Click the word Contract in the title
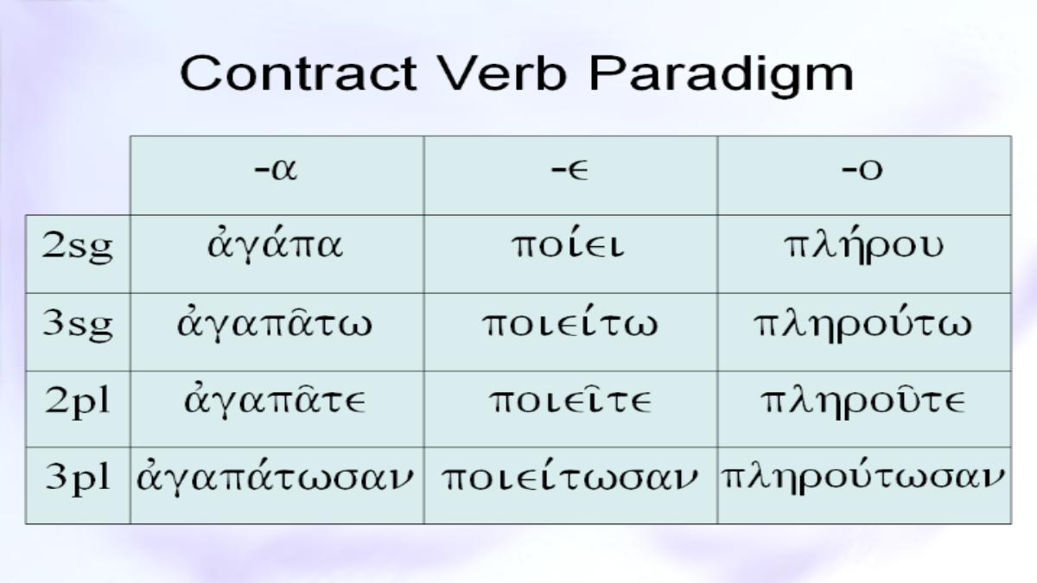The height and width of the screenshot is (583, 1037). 299,74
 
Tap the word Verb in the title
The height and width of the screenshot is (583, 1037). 504,74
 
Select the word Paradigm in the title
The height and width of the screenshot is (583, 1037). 722,76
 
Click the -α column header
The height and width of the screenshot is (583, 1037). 277,170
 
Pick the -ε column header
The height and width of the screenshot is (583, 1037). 569,170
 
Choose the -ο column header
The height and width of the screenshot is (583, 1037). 862,170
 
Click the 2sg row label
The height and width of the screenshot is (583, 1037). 77,247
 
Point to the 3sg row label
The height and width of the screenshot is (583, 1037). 77,325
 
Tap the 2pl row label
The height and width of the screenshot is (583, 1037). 77,402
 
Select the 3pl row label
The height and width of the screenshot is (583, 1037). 77,478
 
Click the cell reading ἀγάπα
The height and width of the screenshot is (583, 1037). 276,245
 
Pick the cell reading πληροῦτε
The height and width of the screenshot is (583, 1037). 863,401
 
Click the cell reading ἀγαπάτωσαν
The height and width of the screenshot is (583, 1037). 275,477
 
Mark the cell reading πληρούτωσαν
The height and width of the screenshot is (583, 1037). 863,477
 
